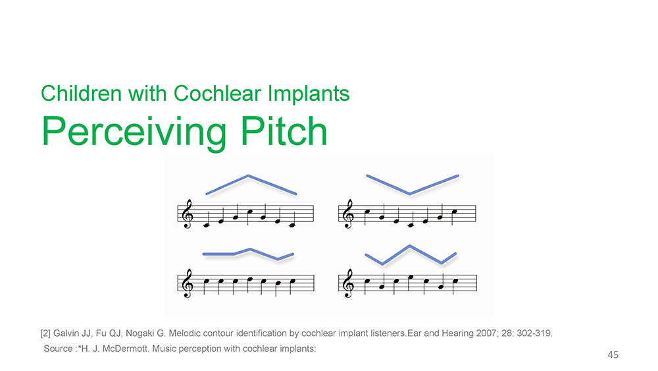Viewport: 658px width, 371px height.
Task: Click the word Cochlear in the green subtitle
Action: [x=217, y=94]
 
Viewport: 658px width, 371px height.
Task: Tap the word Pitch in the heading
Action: [x=284, y=131]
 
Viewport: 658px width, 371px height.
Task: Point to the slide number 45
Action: [x=613, y=355]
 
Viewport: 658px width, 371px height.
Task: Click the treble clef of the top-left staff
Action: [x=186, y=214]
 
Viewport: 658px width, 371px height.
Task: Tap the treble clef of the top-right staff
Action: [x=348, y=214]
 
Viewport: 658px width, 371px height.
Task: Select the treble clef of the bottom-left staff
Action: [x=186, y=283]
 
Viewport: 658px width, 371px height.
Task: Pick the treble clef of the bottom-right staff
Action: [x=348, y=283]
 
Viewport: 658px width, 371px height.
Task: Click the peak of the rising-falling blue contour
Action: [x=249, y=176]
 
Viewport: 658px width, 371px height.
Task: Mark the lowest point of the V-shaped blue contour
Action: [x=409, y=194]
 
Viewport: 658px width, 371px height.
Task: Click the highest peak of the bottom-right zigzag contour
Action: [x=409, y=246]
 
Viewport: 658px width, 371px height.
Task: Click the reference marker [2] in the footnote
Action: [x=45, y=333]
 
